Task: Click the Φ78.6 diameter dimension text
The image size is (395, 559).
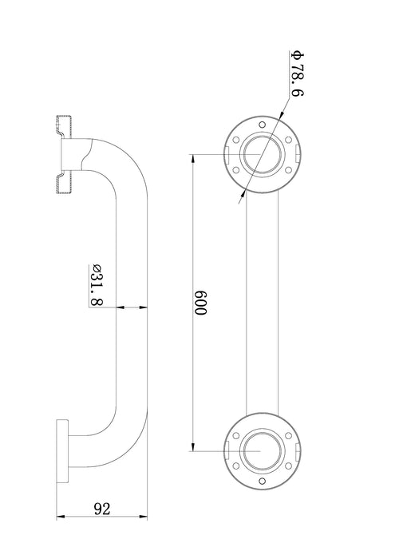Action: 298,74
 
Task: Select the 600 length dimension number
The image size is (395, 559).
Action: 200,303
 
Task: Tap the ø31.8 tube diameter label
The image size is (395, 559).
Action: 97,285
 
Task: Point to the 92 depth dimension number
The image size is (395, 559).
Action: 102,509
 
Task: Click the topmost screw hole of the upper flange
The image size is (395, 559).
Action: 263,125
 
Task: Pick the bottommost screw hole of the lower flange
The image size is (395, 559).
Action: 263,482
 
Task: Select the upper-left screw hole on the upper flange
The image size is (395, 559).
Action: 235,140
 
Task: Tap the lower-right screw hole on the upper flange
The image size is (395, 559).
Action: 289,170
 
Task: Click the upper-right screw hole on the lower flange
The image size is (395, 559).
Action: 289,436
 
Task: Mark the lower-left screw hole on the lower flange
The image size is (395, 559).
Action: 235,466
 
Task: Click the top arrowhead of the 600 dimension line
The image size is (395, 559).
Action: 193,159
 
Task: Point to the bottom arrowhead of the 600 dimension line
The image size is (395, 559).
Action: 193,446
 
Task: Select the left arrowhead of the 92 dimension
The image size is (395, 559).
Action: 61,516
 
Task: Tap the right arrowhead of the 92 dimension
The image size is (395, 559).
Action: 143,516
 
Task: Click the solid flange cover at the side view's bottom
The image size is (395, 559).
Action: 62,451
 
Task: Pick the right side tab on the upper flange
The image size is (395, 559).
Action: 298,154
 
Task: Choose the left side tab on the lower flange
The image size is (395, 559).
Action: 227,450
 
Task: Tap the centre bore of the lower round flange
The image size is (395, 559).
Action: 263,450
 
